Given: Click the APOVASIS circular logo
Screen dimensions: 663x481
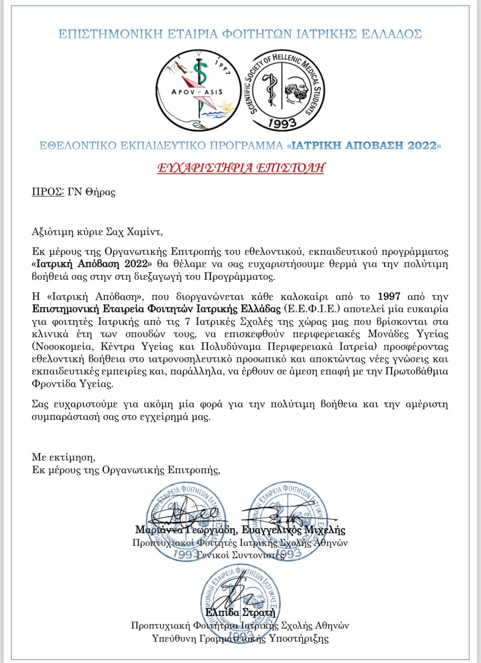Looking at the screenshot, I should pyautogui.click(x=198, y=91).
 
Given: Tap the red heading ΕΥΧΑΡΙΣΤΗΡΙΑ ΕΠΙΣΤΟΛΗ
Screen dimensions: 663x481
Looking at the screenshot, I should pyautogui.click(x=240, y=168).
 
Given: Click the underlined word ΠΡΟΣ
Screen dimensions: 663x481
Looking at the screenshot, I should pyautogui.click(x=48, y=192).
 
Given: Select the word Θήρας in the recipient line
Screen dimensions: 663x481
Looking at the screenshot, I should pyautogui.click(x=100, y=192).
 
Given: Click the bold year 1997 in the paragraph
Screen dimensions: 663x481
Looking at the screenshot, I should pyautogui.click(x=389, y=297).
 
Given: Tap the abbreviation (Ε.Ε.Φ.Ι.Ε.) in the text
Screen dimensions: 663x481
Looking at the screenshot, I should pyautogui.click(x=312, y=309).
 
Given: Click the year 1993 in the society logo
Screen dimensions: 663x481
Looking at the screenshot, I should pyautogui.click(x=282, y=123).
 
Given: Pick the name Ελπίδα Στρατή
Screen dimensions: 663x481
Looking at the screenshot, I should pyautogui.click(x=240, y=613).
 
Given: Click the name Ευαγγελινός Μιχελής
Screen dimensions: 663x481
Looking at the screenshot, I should pyautogui.click(x=293, y=530).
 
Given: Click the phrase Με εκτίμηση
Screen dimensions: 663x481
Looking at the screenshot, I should pyautogui.click(x=63, y=457).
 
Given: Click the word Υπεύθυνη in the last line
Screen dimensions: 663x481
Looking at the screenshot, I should pyautogui.click(x=174, y=638).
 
